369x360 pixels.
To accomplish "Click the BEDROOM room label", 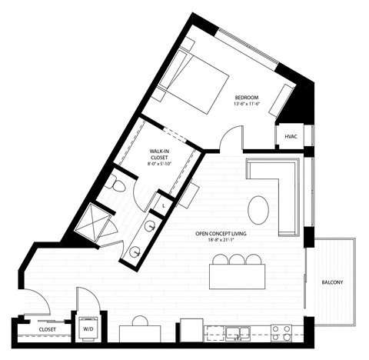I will pos(247,97).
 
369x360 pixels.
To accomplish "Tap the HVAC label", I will pos(291,136).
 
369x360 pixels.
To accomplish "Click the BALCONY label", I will pos(332,282).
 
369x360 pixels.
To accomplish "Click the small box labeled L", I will pos(165,205).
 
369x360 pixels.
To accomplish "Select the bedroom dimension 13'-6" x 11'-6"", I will pos(247,105).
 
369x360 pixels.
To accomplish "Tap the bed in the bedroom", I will pos(197,81).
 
